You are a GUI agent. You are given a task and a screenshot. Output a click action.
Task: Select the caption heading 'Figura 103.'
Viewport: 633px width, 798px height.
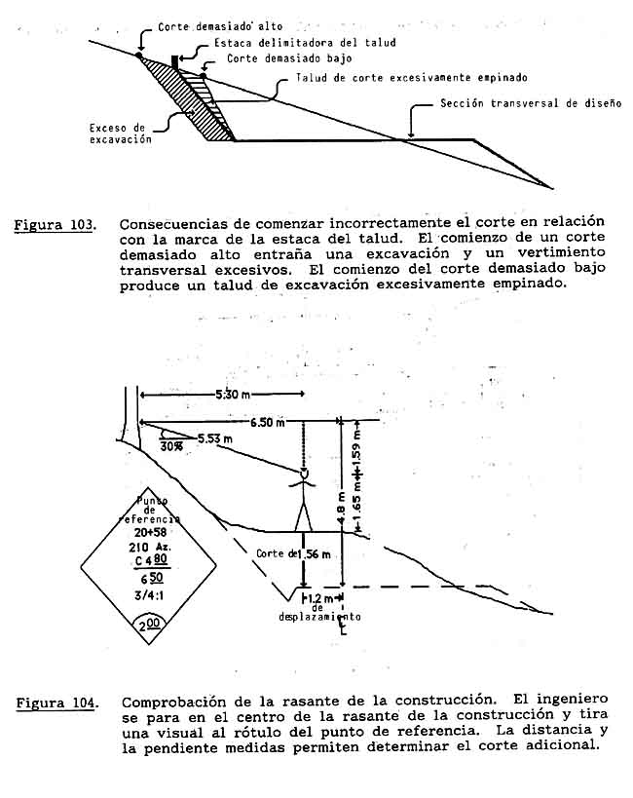tap(55, 226)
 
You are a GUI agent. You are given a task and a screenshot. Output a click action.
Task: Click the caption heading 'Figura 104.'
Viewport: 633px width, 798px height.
tap(55, 701)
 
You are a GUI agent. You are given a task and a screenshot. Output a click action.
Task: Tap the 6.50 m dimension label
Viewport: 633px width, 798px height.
tap(269, 423)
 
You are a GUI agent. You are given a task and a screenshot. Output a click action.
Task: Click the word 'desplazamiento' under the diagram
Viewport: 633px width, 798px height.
tap(319, 617)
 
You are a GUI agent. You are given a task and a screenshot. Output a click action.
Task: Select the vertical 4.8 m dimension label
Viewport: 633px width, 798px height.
tap(342, 512)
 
